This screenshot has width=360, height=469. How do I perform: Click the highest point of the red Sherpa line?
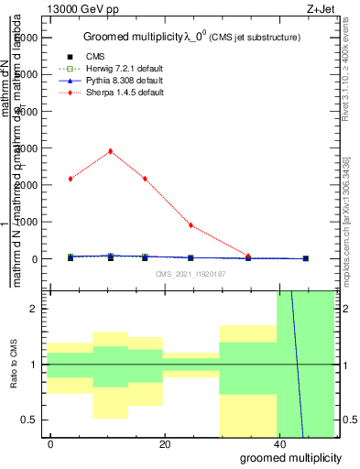tap(110, 151)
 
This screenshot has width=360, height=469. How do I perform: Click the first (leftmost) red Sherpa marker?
tap(70, 179)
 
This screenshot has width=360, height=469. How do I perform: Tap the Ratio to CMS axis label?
tap(14, 364)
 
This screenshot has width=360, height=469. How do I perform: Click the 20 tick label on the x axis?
tap(164, 444)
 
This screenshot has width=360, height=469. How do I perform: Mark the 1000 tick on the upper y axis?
tap(27, 222)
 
